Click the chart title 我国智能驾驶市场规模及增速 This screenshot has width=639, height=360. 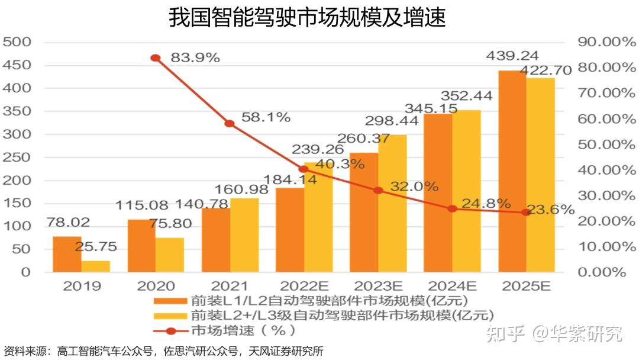[x=307, y=18]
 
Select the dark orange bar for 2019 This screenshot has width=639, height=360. [x=67, y=254]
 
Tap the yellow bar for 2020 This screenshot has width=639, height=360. [x=170, y=255]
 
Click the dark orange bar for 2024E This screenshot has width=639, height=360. [x=438, y=192]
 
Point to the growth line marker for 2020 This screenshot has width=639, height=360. [x=156, y=58]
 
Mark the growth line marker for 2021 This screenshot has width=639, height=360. [x=230, y=124]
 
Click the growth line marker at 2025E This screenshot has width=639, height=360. [x=526, y=212]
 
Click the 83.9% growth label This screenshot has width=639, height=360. [x=195, y=58]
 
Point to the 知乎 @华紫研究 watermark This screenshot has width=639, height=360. [x=553, y=334]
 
